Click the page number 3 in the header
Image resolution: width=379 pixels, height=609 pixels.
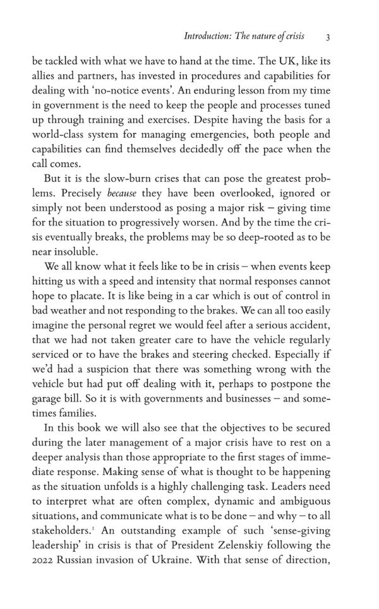click(x=328, y=37)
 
